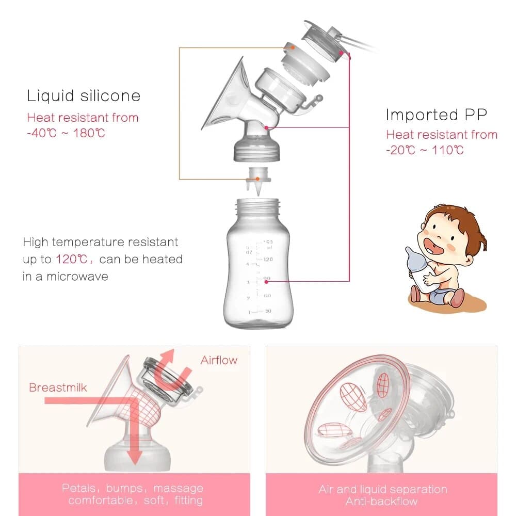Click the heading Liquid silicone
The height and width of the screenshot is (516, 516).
point(84,96)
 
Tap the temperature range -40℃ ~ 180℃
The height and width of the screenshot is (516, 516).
point(66,133)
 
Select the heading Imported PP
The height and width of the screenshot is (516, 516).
point(436,115)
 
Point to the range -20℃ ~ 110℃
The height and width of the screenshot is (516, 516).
point(424,150)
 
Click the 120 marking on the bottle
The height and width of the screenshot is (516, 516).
point(267,260)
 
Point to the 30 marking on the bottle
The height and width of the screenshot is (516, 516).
point(267,311)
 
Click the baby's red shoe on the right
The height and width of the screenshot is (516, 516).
point(456,298)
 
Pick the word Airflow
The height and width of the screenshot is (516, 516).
point(219,360)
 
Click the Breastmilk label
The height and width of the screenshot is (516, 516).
point(58,388)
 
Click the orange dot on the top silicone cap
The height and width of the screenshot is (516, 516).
point(293,47)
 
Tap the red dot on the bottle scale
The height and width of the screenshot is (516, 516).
point(267,282)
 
